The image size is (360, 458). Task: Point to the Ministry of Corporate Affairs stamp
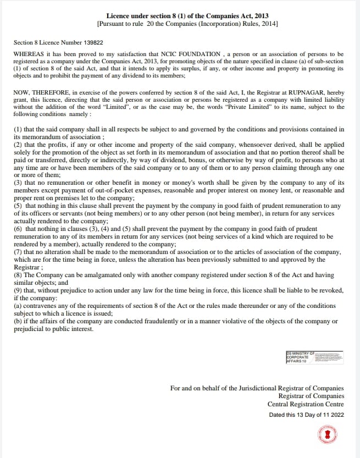coord(314,357)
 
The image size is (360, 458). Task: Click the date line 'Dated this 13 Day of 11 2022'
coord(306,415)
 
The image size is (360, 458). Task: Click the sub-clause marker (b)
coord(18,321)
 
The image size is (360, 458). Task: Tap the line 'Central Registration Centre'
coord(306,404)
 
